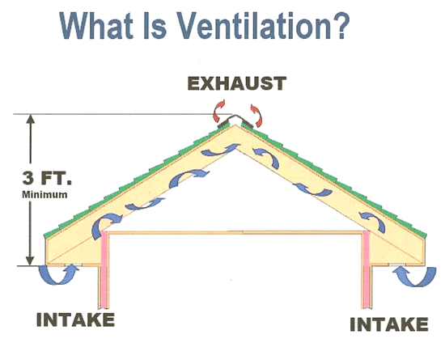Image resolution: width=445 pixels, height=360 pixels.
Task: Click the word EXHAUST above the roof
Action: point(237,83)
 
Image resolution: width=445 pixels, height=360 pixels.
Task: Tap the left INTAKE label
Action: point(75,320)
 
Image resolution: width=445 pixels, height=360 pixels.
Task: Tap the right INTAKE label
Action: point(389,324)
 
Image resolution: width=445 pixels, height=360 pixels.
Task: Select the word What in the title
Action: point(96,25)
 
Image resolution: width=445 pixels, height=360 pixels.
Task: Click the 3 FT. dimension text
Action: point(47,178)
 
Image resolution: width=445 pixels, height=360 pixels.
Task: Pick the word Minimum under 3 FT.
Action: point(44,195)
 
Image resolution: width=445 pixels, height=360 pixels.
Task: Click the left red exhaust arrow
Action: point(218,111)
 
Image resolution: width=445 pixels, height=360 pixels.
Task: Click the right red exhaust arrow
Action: point(257,115)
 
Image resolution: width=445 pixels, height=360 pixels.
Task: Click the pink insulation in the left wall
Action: point(104,269)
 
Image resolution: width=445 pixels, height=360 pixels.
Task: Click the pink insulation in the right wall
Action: point(367,269)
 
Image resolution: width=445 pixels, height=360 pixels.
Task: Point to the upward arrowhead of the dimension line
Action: point(31,119)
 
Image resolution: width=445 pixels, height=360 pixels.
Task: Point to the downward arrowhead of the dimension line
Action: point(30,261)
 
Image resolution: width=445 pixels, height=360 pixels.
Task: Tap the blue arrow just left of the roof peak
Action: point(220,150)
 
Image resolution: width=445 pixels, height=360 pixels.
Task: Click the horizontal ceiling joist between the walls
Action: point(235,233)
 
